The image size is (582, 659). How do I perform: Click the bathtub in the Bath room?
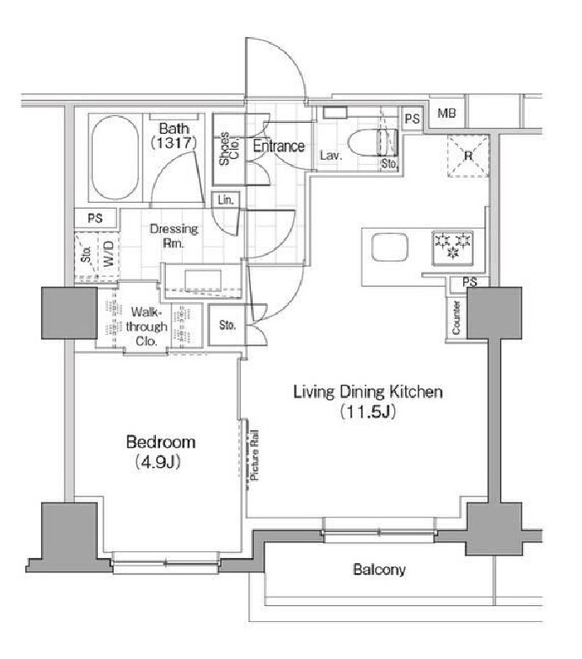pyautogui.click(x=117, y=158)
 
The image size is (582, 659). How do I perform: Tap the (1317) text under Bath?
pyautogui.click(x=174, y=143)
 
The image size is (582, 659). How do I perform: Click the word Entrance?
pyautogui.click(x=278, y=146)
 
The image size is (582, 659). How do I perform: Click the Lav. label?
pyautogui.click(x=330, y=156)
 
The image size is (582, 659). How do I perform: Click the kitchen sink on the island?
pyautogui.click(x=390, y=250)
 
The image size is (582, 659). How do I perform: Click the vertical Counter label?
pyautogui.click(x=456, y=319)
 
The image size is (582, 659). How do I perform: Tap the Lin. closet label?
pyautogui.click(x=225, y=200)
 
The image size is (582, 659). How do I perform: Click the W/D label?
pyautogui.click(x=108, y=255)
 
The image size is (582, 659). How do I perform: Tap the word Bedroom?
pyautogui.click(x=161, y=442)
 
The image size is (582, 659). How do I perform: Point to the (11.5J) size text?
pyautogui.click(x=368, y=412)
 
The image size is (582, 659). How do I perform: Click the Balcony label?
pyautogui.click(x=378, y=570)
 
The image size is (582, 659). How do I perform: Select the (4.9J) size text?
pyautogui.click(x=160, y=462)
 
